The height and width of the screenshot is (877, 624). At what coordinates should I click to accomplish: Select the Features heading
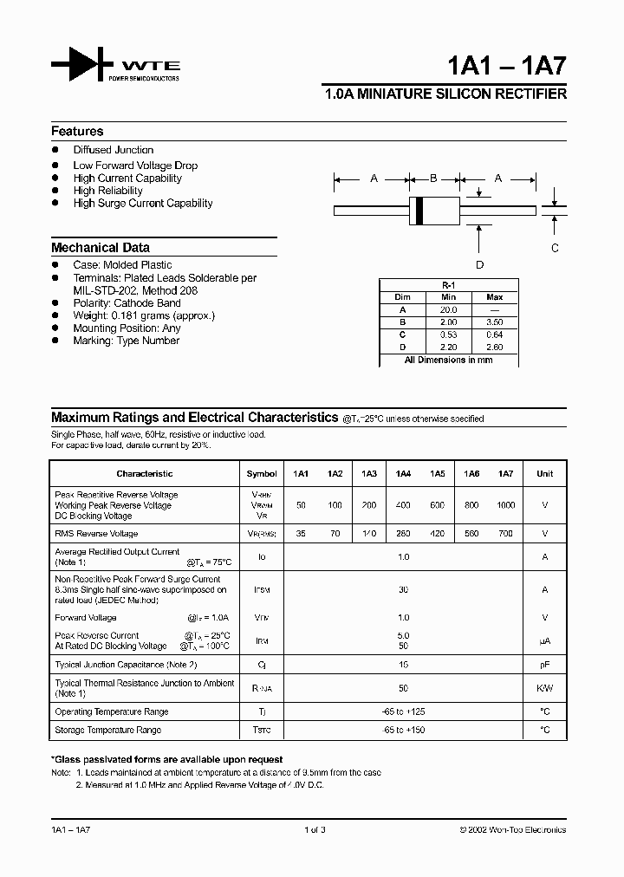pyautogui.click(x=77, y=132)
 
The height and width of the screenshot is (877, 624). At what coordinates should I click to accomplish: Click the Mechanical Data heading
pyautogui.click(x=100, y=248)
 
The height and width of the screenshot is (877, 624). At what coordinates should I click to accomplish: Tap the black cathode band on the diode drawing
pyautogui.click(x=420, y=210)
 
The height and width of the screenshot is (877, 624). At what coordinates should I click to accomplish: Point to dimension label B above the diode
pyautogui.click(x=433, y=179)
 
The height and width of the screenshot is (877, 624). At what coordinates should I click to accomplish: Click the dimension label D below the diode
pyautogui.click(x=479, y=265)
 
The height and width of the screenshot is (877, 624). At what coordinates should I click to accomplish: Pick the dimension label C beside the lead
pyautogui.click(x=555, y=248)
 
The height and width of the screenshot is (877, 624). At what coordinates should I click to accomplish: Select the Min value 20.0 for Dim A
pyautogui.click(x=448, y=309)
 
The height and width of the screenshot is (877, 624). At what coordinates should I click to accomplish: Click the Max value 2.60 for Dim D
pyautogui.click(x=495, y=347)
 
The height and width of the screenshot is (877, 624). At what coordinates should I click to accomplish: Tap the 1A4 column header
pyautogui.click(x=403, y=474)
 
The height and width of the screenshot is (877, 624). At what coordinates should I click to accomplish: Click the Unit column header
pyautogui.click(x=544, y=474)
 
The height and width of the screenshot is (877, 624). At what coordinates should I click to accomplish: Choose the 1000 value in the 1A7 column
pyautogui.click(x=505, y=505)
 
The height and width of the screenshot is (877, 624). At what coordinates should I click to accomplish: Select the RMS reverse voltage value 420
pyautogui.click(x=438, y=534)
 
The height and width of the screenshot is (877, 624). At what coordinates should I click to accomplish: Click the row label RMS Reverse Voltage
pyautogui.click(x=96, y=534)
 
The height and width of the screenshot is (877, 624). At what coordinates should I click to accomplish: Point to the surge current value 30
pyautogui.click(x=403, y=589)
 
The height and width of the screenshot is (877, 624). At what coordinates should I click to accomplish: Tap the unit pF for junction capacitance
pyautogui.click(x=544, y=665)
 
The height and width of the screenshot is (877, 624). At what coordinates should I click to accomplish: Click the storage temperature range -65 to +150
pyautogui.click(x=403, y=731)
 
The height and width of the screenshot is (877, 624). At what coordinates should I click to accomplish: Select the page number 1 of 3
pyautogui.click(x=315, y=830)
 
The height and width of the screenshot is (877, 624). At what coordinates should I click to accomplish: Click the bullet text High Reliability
pyautogui.click(x=107, y=191)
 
